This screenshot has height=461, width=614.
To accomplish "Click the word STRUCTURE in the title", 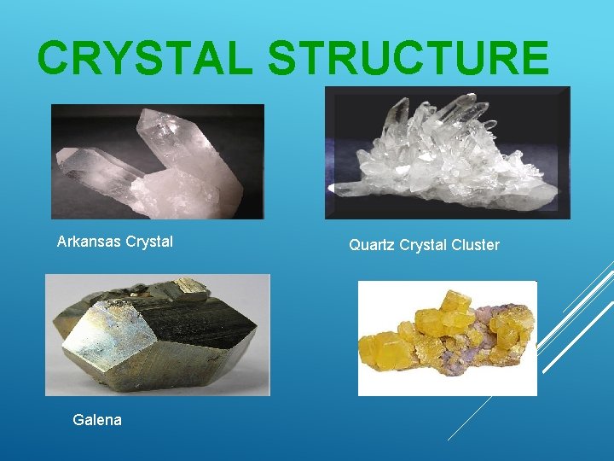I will pyautogui.click(x=408, y=59).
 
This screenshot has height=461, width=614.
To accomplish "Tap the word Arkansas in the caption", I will pyautogui.click(x=89, y=242).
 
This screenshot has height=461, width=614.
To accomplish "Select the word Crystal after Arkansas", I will pyautogui.click(x=149, y=242).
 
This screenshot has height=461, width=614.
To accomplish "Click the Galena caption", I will pyautogui.click(x=97, y=419).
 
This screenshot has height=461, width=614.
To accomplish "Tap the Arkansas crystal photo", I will pyautogui.click(x=158, y=161).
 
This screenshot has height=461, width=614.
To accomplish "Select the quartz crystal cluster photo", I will pyautogui.click(x=447, y=153).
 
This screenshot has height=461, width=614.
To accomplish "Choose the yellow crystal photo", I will pyautogui.click(x=447, y=338).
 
